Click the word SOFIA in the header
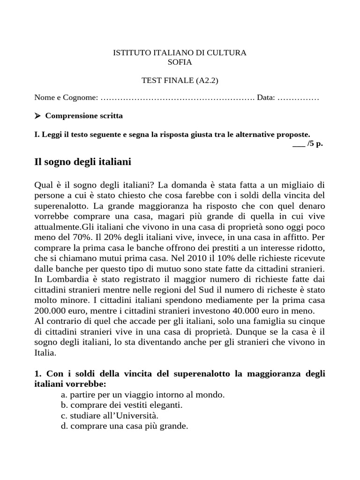(180, 62)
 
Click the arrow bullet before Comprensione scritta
(38, 116)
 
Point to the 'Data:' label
(266, 97)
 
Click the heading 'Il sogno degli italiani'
(83, 162)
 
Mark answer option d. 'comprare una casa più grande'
(124, 426)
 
